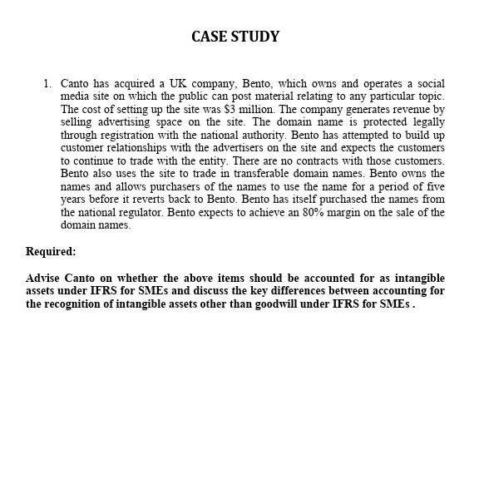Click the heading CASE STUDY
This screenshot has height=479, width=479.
[x=235, y=37]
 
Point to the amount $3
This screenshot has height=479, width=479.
[x=229, y=110]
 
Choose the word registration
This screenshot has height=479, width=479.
[x=128, y=135]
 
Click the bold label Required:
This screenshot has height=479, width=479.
[x=51, y=252]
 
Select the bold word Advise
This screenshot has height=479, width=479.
[x=44, y=278]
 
